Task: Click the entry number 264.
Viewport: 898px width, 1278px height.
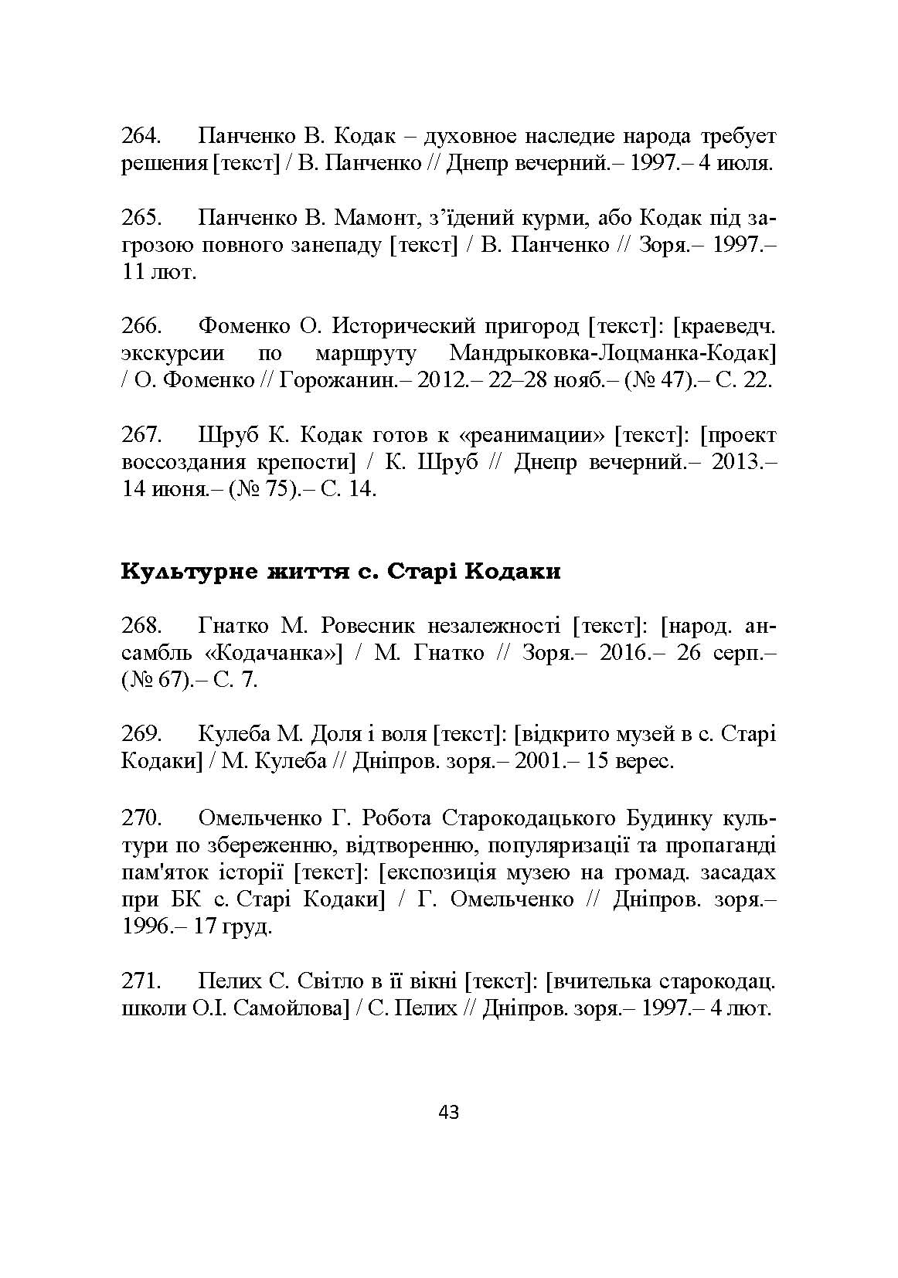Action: [x=141, y=137]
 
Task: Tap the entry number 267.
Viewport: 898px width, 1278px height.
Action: [x=141, y=435]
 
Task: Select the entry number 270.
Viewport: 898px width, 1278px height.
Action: [x=141, y=817]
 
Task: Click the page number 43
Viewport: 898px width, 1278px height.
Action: [x=448, y=1112]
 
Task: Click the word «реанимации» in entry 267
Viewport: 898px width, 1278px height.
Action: [x=531, y=435]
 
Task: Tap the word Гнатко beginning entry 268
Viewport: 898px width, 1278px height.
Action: [x=233, y=625]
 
